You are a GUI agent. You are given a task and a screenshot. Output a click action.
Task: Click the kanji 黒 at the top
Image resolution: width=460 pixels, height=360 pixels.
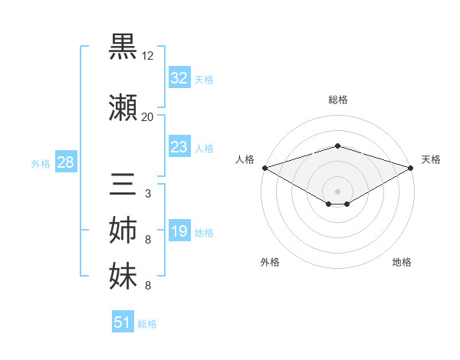(x=123, y=47)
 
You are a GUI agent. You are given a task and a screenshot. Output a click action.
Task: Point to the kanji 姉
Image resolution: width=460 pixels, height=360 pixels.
(x=123, y=231)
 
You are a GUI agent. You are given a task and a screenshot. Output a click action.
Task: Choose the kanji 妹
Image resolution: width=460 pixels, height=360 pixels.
(x=123, y=276)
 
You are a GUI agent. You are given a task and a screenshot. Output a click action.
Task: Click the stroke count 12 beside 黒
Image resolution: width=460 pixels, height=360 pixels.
(x=148, y=56)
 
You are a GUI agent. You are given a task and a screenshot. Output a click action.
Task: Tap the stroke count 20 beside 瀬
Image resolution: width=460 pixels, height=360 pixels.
(x=147, y=117)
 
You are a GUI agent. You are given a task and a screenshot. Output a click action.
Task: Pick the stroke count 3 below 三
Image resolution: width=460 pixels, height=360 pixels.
(x=147, y=194)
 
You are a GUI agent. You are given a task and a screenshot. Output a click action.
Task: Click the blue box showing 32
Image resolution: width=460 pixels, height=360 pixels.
(x=179, y=78)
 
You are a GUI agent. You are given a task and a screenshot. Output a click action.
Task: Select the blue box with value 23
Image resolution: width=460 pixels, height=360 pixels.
(x=179, y=147)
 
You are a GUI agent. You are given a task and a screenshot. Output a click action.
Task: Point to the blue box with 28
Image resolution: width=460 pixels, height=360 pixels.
(x=64, y=163)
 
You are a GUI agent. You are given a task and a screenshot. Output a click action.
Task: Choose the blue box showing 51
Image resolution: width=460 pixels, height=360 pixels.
(x=123, y=322)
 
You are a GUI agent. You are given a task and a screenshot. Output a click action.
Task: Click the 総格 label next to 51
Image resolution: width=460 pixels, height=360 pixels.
(x=147, y=324)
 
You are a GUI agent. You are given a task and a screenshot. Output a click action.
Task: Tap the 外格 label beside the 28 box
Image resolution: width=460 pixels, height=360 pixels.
(x=41, y=164)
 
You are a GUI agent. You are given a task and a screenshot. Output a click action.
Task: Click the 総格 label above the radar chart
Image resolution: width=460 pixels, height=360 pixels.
(x=337, y=100)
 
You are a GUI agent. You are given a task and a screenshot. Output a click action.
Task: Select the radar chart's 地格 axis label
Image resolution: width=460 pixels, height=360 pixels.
(x=402, y=262)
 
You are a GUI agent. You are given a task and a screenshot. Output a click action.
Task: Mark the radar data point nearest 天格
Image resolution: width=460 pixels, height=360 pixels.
(x=411, y=167)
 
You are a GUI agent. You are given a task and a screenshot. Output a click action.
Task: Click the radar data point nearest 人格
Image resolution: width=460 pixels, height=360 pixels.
(x=264, y=167)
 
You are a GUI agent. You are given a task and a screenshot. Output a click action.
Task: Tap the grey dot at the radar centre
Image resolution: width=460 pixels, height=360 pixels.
(x=337, y=190)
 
